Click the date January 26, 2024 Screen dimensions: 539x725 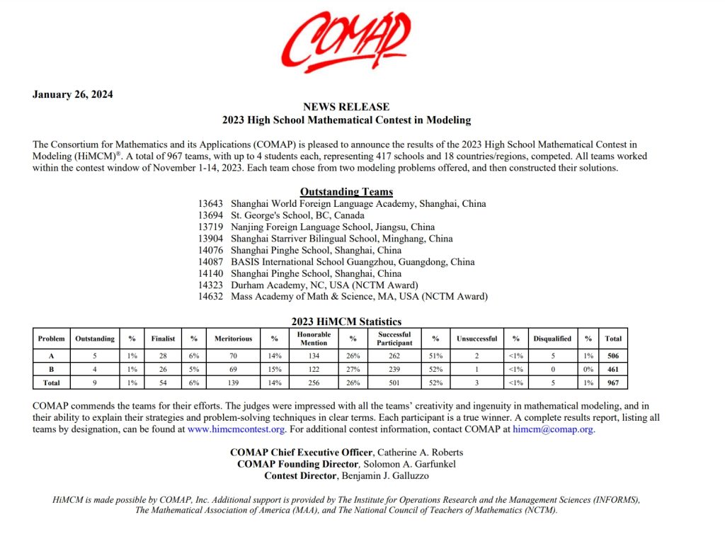73,95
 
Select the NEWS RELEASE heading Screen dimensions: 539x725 346,107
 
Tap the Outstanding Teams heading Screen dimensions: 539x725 346,191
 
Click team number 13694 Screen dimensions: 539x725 212,215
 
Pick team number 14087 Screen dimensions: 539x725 212,261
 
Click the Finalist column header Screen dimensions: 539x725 163,339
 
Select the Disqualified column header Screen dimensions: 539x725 552,339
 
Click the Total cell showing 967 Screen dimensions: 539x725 613,382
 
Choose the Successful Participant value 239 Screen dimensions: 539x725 395,369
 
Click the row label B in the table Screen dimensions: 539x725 51,369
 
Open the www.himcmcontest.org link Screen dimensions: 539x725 236,429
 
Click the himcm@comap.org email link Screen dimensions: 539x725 554,429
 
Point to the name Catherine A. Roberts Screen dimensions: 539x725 419,452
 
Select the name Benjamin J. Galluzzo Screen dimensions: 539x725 384,475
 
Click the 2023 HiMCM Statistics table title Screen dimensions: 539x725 346,322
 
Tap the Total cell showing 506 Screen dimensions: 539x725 613,356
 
